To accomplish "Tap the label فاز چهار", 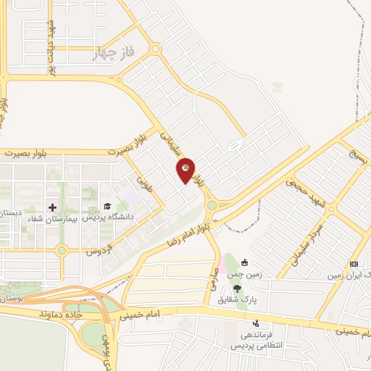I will [114, 54].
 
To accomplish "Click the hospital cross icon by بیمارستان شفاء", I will [52, 208].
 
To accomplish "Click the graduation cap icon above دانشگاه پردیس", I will [108, 207].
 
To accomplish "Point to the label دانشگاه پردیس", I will [107, 217].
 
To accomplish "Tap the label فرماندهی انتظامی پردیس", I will [255, 340].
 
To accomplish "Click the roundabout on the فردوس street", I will [62, 251].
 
